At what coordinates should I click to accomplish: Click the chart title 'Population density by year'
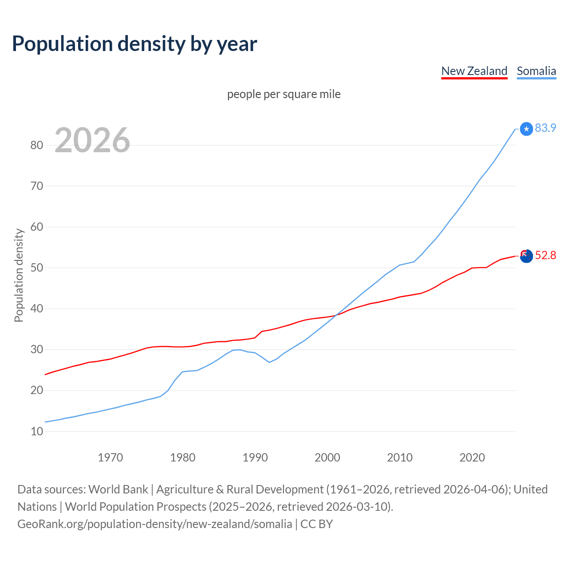pos(134,44)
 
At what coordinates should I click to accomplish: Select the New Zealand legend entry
pos(474,71)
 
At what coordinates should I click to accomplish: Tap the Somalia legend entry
pos(536,71)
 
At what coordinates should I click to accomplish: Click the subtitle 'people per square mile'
pos(284,95)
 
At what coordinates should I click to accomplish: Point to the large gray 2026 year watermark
pos(92,140)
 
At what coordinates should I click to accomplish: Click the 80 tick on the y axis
pos(37,145)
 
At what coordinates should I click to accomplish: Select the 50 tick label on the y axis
pos(37,268)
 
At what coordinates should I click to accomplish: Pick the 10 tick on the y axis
pos(37,431)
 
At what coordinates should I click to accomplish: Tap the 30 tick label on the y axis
pos(37,350)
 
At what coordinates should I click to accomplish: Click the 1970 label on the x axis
pos(110,458)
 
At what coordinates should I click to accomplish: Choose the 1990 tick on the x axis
pos(255,458)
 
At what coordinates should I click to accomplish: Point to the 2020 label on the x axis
pos(472,458)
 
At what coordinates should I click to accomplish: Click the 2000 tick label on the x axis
pos(327,458)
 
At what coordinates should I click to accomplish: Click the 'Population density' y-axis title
pos(19,275)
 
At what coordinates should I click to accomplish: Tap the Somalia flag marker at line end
pos(526,129)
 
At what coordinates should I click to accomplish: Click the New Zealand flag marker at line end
pos(526,256)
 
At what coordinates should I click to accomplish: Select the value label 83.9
pos(545,128)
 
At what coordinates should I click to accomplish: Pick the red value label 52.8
pos(545,255)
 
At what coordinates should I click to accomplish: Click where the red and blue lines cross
pos(336,315)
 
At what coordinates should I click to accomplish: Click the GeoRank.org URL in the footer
pos(154,524)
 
